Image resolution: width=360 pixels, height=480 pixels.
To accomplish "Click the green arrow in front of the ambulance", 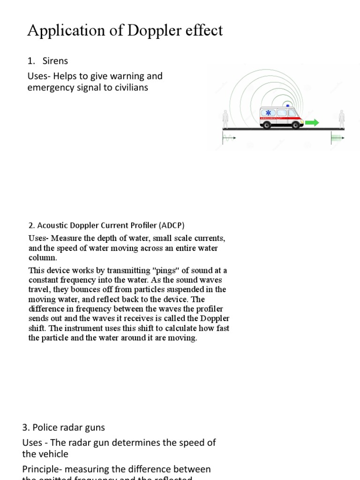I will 312,123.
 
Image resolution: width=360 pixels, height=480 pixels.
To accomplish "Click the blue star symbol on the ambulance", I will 268,113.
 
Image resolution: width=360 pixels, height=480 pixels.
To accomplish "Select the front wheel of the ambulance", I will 293,125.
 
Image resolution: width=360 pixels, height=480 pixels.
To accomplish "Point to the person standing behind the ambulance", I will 225,119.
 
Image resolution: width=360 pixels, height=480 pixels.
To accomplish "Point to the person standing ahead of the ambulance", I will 342,119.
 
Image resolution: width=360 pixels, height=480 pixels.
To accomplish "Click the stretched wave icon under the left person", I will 229,138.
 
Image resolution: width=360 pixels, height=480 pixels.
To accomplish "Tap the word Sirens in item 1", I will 55,61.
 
